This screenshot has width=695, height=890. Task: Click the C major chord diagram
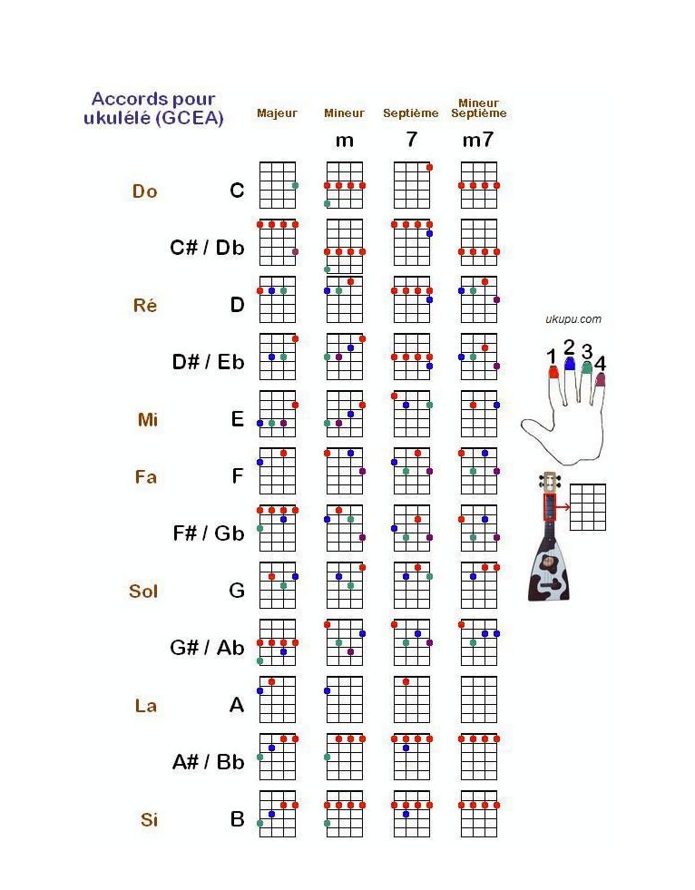(x=278, y=185)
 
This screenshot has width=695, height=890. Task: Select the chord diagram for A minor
(x=344, y=699)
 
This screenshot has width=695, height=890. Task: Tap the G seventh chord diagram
(x=411, y=585)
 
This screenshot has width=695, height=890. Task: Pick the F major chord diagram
(x=278, y=471)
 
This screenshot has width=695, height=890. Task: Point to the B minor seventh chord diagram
(x=478, y=814)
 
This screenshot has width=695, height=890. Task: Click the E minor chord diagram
(x=344, y=414)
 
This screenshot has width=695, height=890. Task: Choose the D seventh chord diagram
(x=411, y=299)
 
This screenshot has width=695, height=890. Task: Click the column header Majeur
(x=277, y=113)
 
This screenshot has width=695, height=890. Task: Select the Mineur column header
(x=344, y=113)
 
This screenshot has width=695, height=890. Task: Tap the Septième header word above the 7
(x=410, y=113)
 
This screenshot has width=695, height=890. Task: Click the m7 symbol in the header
(x=478, y=141)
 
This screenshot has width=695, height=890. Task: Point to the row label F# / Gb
(x=209, y=533)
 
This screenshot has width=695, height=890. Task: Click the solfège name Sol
(x=143, y=592)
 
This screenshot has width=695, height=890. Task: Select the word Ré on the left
(x=145, y=306)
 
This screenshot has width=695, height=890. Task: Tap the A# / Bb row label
(x=209, y=762)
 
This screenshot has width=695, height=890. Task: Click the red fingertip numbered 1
(x=553, y=371)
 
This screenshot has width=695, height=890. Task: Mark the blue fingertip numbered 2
(x=570, y=364)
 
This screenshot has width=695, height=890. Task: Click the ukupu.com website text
(x=573, y=319)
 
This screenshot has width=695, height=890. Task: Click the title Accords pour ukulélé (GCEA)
(x=154, y=108)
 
